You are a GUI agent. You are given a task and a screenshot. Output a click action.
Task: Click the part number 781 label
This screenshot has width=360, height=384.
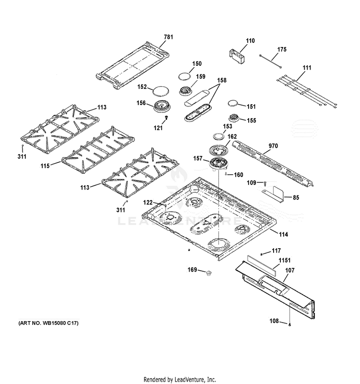(x=168, y=37)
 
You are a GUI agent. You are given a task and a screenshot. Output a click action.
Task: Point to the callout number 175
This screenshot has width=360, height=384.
(x=282, y=49)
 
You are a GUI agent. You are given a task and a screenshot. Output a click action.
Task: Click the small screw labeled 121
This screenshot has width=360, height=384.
(x=167, y=118)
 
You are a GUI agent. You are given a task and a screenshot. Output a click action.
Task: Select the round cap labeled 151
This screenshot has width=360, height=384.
(x=233, y=103)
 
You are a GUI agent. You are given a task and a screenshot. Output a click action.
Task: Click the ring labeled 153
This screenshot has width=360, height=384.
(x=219, y=136)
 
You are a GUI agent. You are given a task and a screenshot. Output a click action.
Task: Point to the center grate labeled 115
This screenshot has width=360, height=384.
(x=98, y=150)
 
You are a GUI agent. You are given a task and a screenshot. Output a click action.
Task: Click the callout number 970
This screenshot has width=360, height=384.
(x=273, y=146)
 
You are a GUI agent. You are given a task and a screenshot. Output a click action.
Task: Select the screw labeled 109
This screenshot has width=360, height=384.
(x=265, y=183)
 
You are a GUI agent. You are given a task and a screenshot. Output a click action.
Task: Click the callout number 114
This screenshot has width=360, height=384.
(x=283, y=234)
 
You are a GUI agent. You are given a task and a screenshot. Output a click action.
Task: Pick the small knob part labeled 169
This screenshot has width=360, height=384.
(x=208, y=273)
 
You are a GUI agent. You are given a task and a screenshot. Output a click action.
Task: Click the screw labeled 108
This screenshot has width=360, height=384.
(x=290, y=324)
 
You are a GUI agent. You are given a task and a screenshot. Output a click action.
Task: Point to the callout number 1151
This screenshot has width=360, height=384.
(x=284, y=260)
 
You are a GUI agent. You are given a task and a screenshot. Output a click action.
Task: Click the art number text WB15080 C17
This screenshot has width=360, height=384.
(x=60, y=323)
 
